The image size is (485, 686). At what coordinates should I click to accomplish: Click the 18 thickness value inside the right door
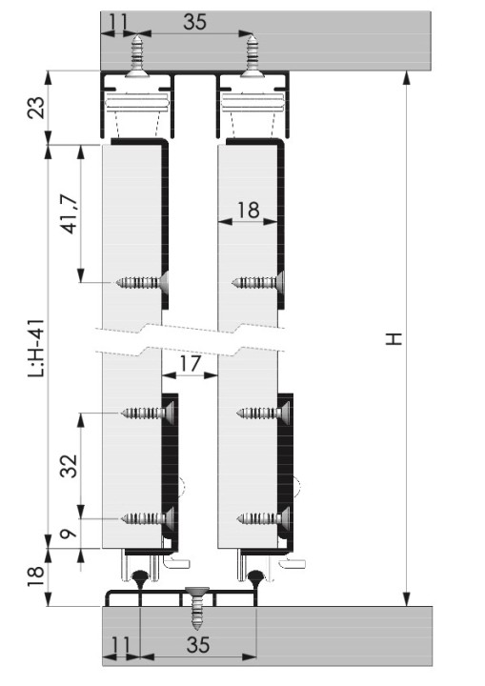coord(250,210)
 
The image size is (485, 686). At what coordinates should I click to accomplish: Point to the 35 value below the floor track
coord(197,643)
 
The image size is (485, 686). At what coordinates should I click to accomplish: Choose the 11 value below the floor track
coord(118,643)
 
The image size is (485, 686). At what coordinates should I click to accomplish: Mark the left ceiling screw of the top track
coord(139,53)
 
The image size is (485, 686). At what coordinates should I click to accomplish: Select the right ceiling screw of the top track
coord(251,53)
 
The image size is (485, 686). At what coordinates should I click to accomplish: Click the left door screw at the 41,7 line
coord(144,282)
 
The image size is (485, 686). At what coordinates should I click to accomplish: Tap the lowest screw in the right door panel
coord(260,518)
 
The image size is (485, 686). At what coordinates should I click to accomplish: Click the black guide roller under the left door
coord(142,576)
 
